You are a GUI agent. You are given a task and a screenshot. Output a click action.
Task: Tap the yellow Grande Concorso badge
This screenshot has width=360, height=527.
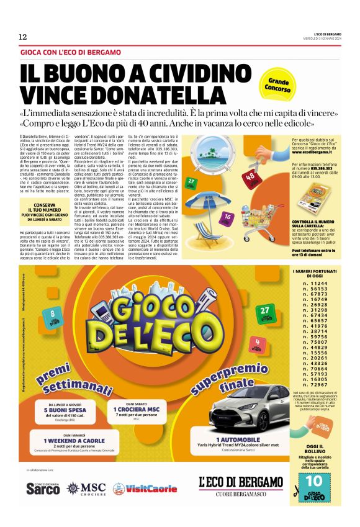(278, 84)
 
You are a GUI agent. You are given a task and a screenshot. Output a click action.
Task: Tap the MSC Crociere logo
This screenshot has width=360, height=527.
(86, 488)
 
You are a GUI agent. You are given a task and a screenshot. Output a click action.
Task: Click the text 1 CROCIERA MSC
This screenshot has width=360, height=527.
(137, 410)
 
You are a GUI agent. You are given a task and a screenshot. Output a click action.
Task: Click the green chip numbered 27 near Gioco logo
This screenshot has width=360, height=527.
(266, 311)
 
